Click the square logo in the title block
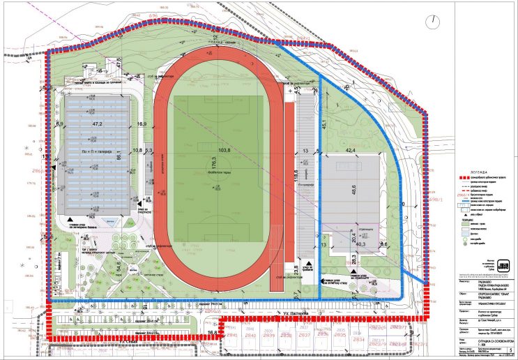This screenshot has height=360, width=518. pos(500,267)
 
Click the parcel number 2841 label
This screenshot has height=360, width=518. pos(232,336)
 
